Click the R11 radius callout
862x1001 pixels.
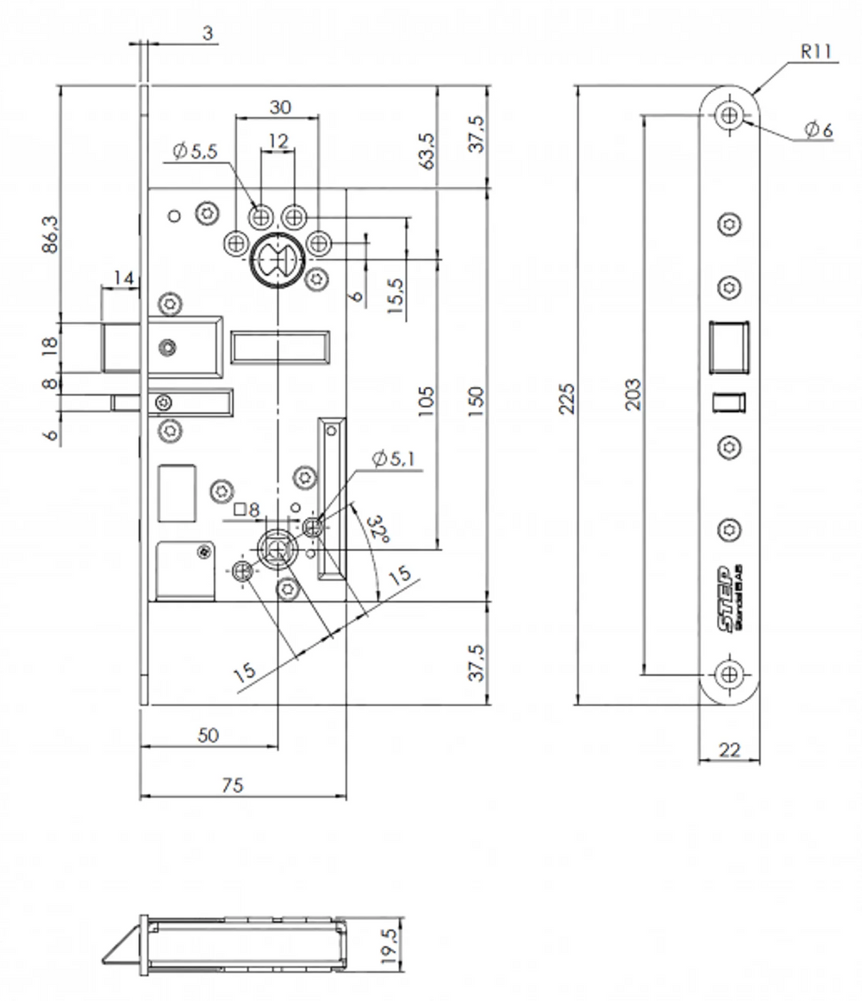[815, 52]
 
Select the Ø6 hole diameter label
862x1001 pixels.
[818, 129]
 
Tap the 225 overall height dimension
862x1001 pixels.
[566, 396]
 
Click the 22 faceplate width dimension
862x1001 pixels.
[729, 750]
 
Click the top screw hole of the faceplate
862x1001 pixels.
[730, 116]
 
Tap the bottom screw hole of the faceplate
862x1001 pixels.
[730, 674]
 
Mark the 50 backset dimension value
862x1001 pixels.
[208, 735]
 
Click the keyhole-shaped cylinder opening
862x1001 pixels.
[277, 259]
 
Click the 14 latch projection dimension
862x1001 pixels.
[122, 278]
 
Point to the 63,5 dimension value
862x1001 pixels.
[426, 151]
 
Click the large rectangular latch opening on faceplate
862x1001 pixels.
[729, 347]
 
